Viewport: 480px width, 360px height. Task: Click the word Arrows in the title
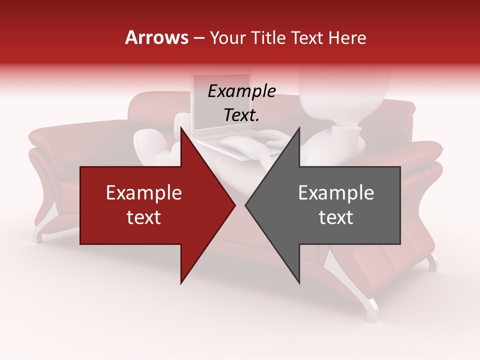[157, 37]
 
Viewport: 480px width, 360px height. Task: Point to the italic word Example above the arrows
[241, 91]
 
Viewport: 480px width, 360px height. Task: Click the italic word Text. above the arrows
[241, 115]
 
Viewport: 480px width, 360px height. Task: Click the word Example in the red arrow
[144, 193]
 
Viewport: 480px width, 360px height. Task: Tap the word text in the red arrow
[144, 217]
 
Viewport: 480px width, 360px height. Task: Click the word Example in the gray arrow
[336, 193]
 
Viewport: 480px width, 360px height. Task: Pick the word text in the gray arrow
[336, 217]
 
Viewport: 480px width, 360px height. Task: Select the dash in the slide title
[198, 38]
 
